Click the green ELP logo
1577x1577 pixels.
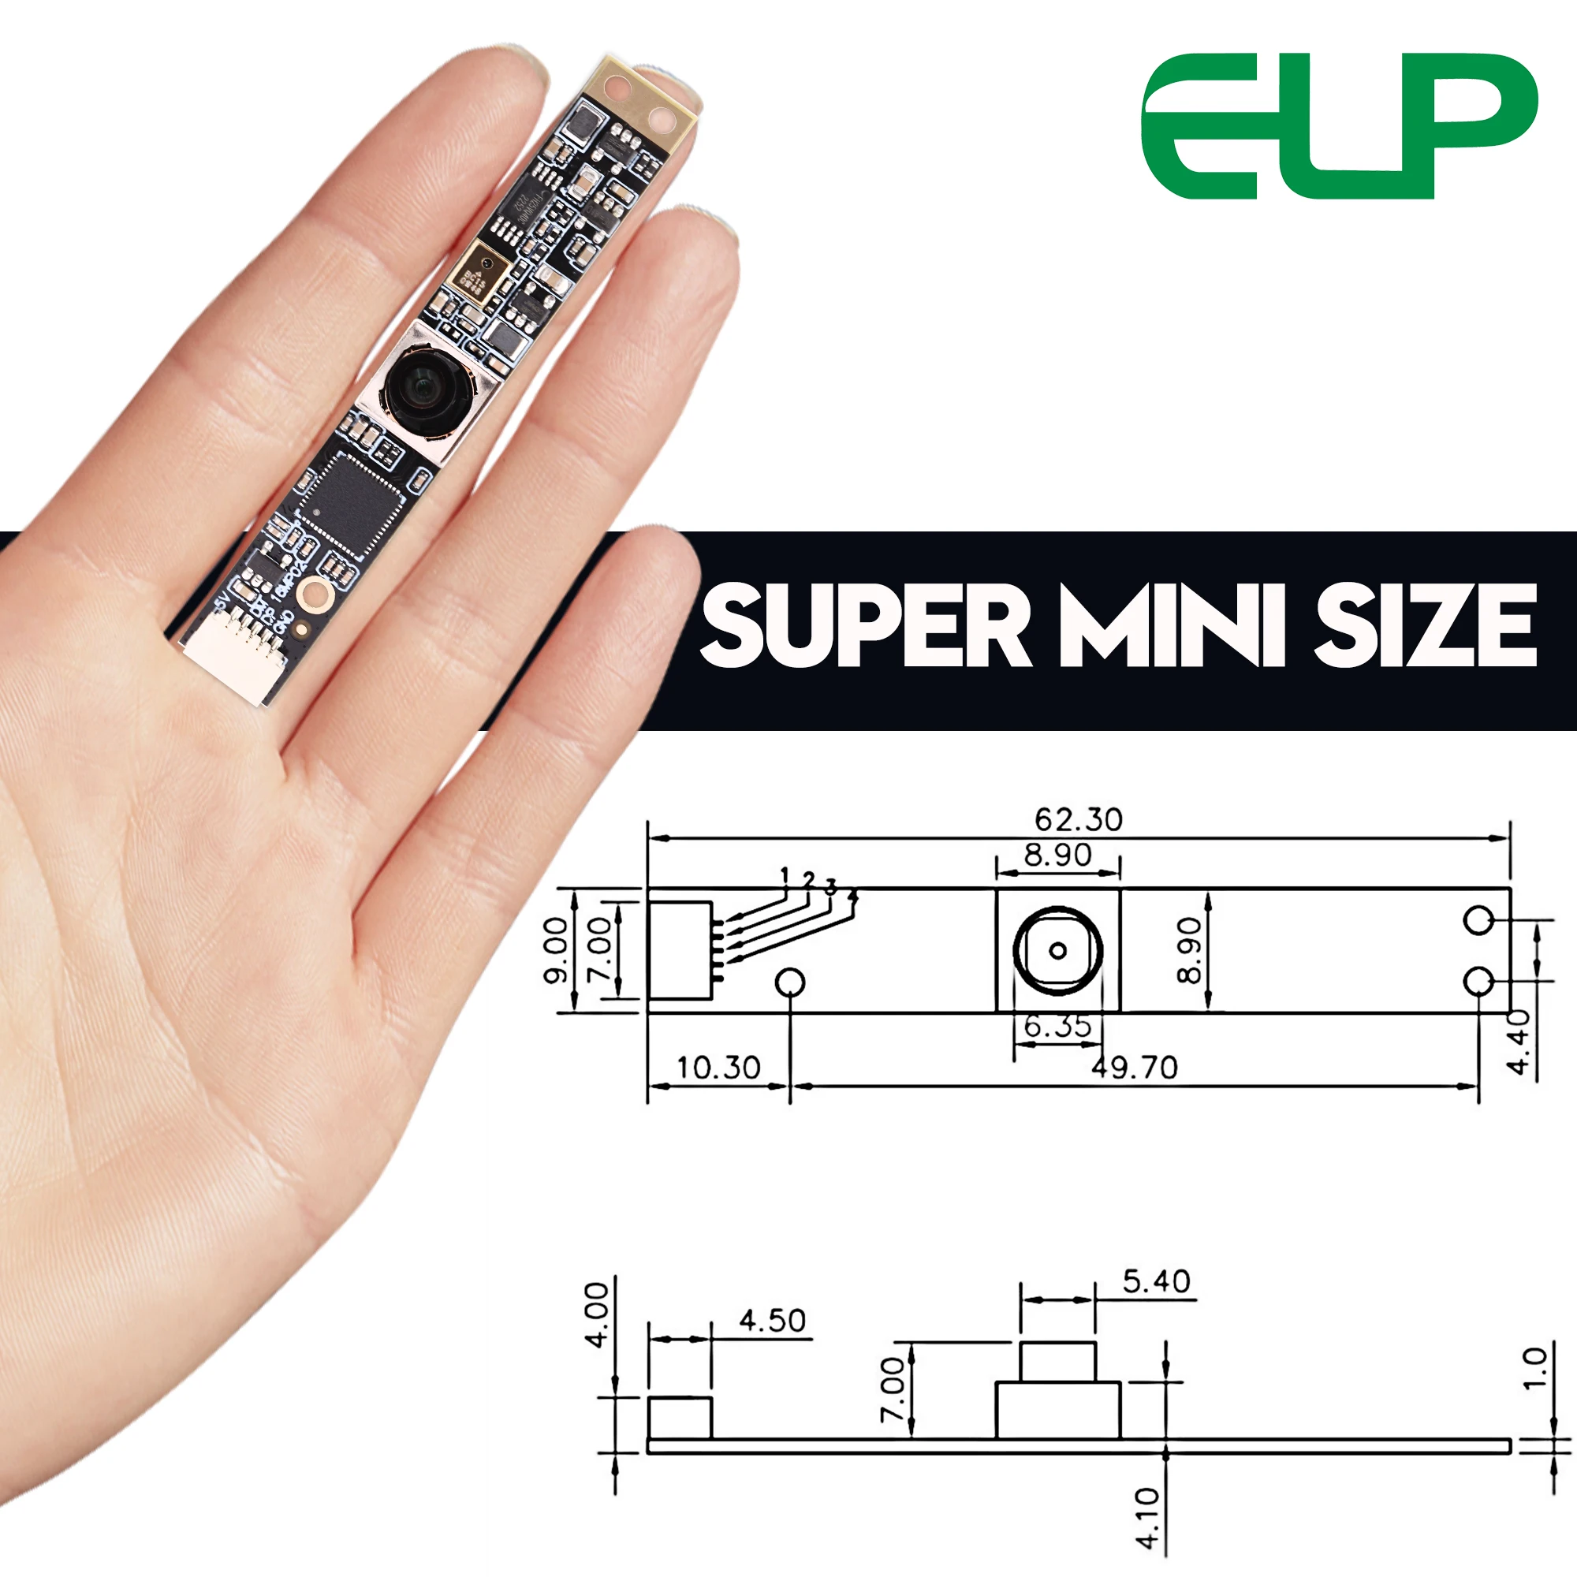1339,126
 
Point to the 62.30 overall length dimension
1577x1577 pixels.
1078,819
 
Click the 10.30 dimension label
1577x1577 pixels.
718,1068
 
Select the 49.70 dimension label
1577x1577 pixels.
1135,1068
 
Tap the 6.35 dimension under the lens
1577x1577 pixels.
1057,1026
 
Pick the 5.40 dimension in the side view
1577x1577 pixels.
1156,1281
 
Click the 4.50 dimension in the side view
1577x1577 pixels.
771,1321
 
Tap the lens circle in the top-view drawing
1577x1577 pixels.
1057,950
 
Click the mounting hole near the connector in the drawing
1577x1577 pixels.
789,982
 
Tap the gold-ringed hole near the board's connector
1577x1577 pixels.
315,595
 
